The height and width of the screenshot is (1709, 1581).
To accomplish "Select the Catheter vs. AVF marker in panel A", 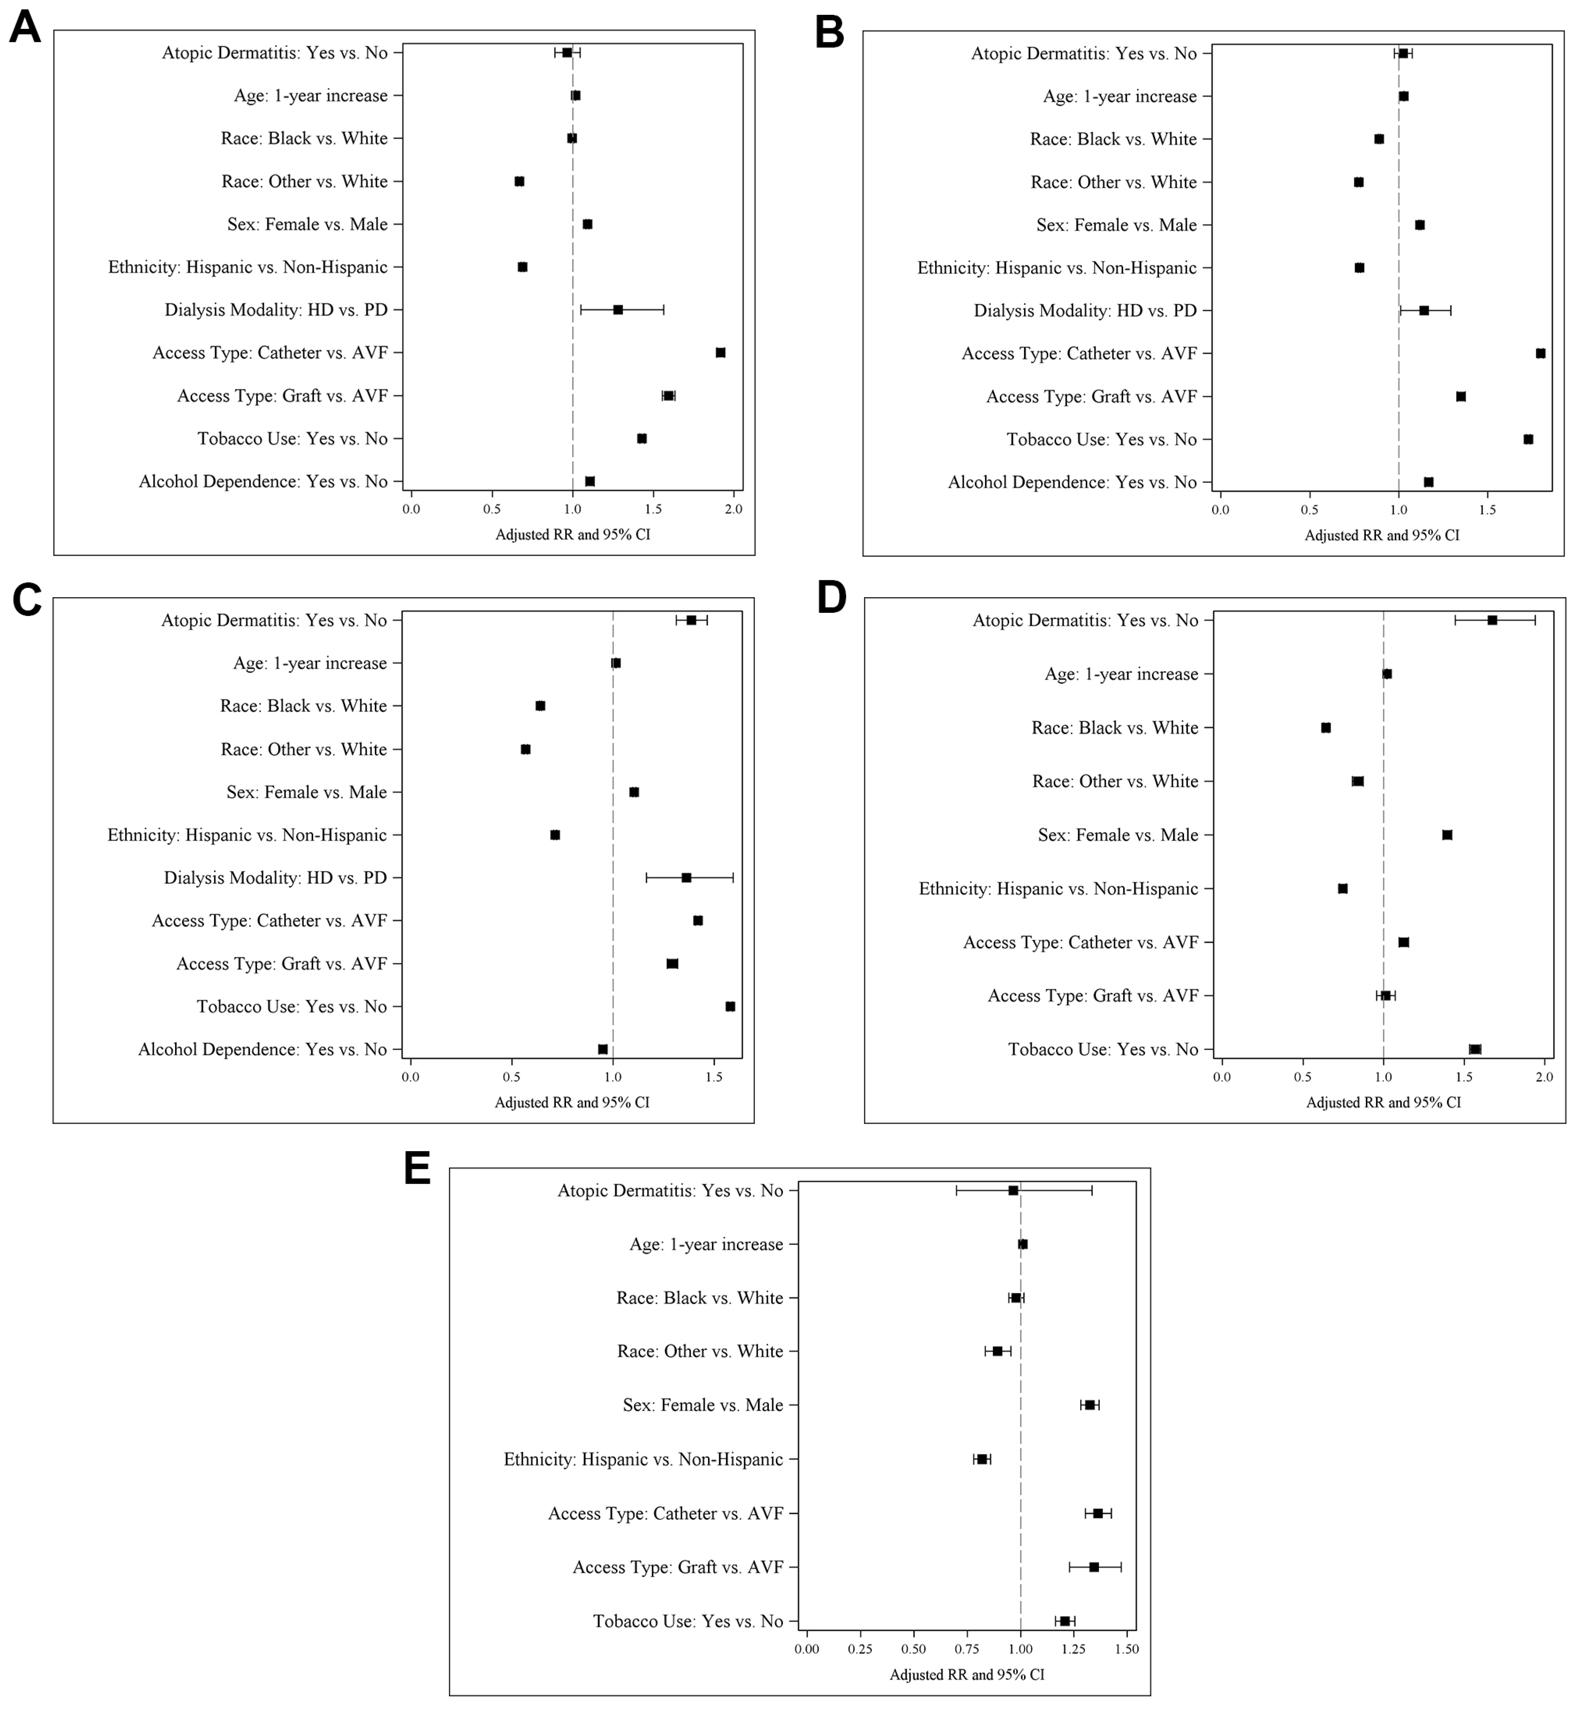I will [720, 353].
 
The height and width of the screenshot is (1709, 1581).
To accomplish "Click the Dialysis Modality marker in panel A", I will [618, 310].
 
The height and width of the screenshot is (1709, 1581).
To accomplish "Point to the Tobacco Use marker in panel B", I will [1528, 439].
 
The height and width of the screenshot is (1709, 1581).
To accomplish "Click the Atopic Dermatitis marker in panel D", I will [1492, 620].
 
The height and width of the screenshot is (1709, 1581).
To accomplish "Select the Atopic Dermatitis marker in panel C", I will [691, 620].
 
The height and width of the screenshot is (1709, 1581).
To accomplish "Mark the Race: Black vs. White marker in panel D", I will [1326, 728].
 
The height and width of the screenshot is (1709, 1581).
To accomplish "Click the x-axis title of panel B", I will [1382, 536].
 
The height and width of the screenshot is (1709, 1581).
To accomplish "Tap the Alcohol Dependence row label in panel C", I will [263, 1049].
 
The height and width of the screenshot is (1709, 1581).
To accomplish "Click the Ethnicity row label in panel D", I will [1058, 888].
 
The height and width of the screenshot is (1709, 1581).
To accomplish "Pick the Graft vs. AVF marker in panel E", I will [1093, 1567].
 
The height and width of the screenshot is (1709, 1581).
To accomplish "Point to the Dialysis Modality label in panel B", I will [1085, 311].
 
